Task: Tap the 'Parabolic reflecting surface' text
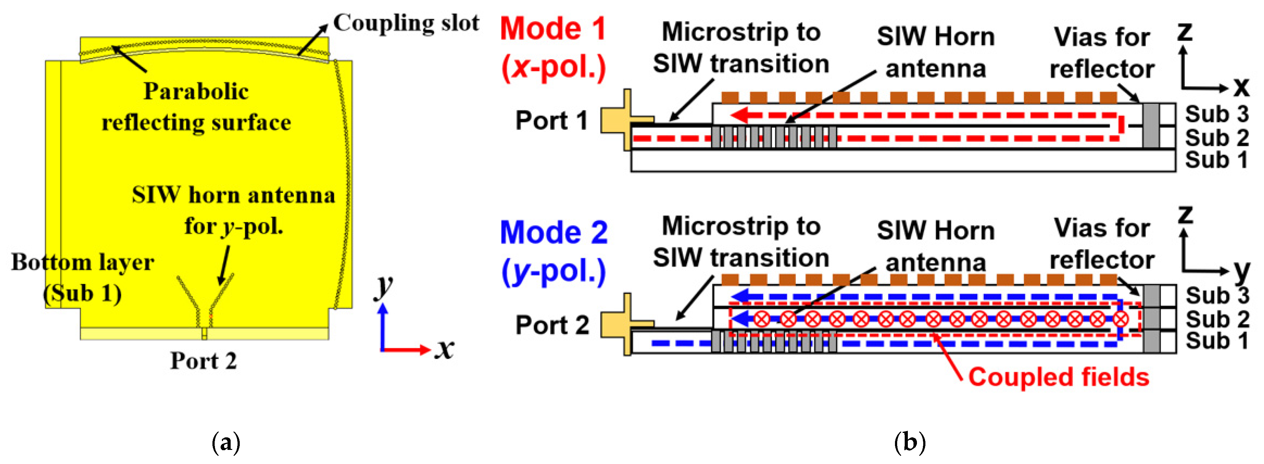click(196, 107)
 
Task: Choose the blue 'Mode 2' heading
click(554, 233)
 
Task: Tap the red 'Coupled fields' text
click(1058, 377)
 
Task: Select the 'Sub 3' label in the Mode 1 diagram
click(1216, 114)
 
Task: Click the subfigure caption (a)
click(226, 443)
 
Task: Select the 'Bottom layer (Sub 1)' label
click(83, 277)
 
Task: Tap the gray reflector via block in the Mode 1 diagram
click(1151, 126)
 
